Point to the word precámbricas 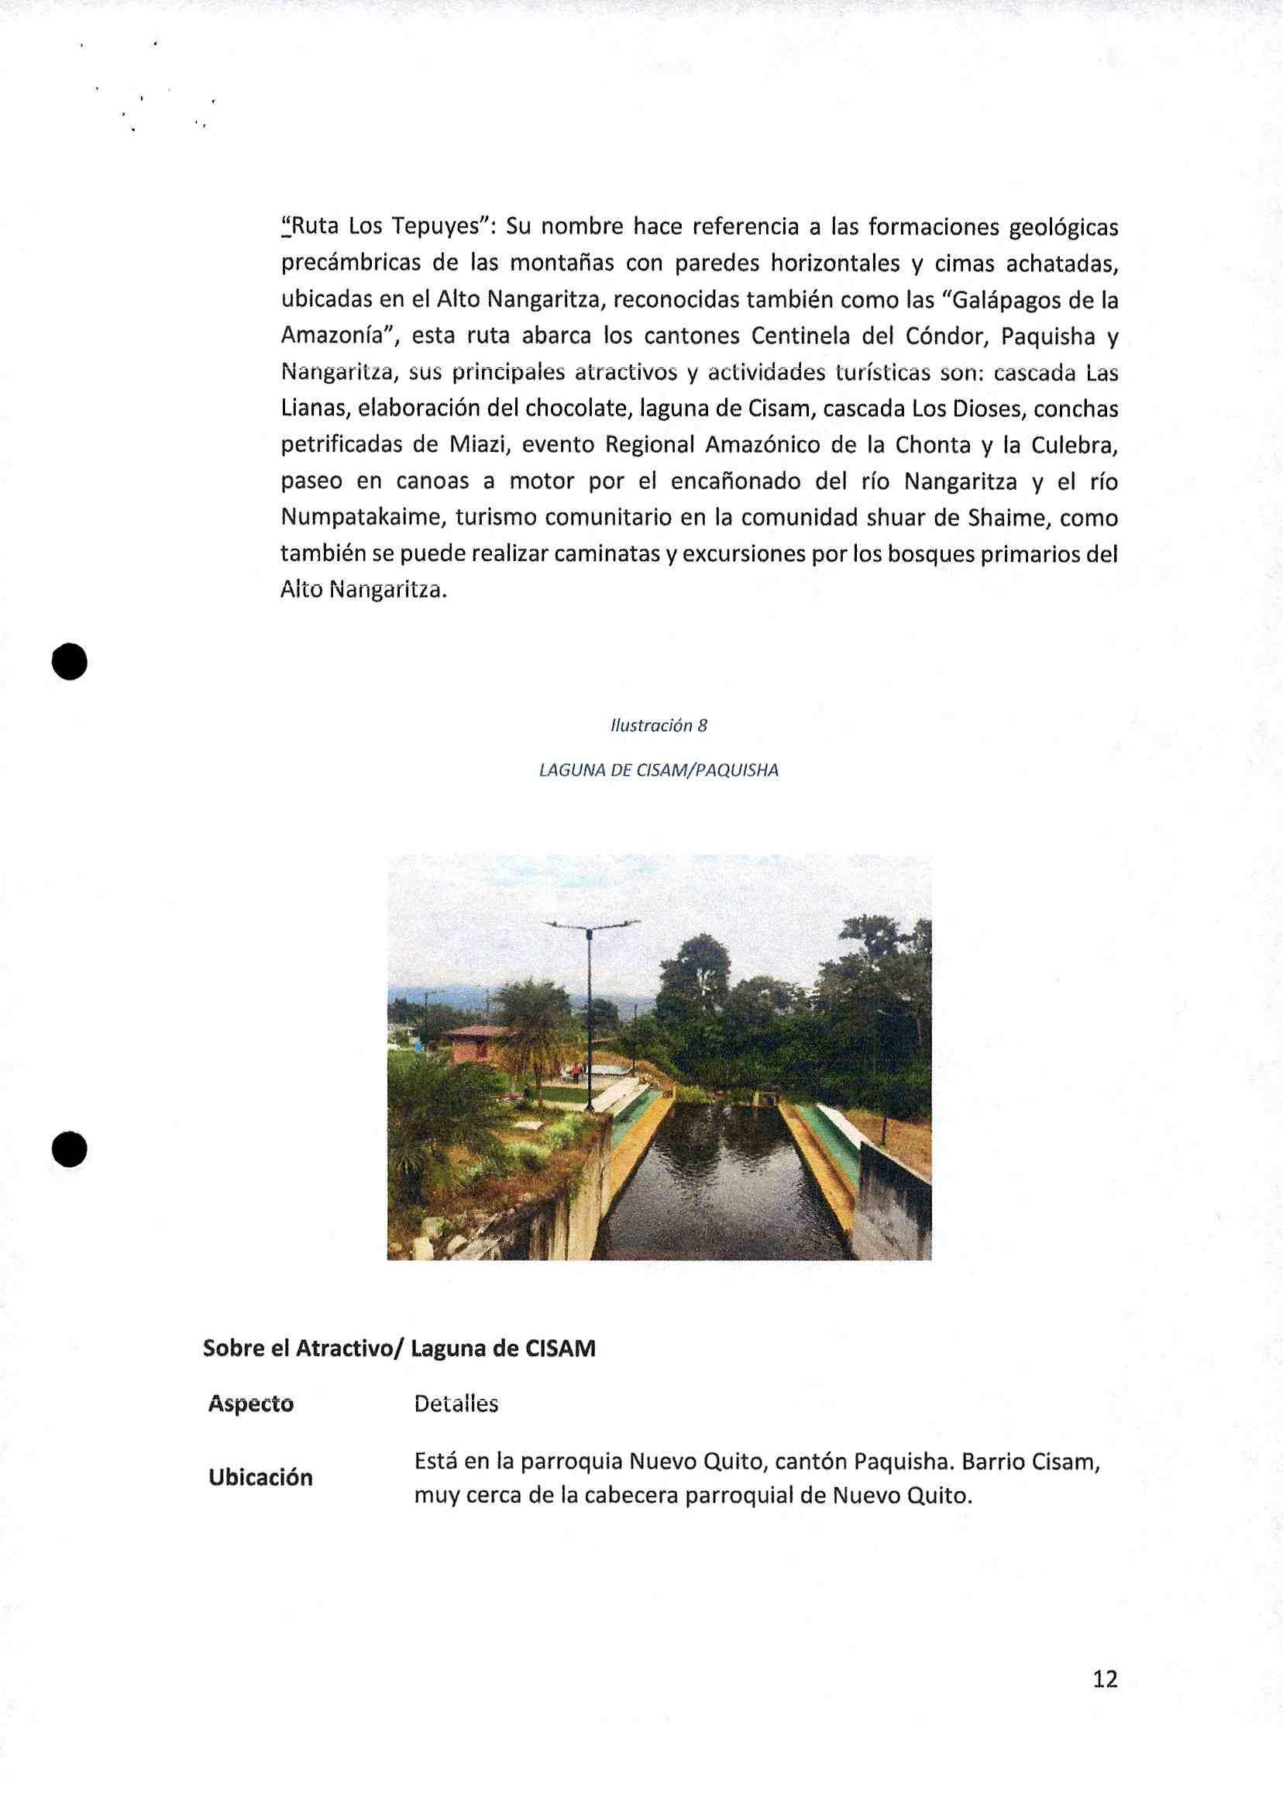[x=349, y=265]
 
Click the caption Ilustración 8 [x=658, y=726]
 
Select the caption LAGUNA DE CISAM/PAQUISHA [x=658, y=770]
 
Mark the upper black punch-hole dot [x=69, y=661]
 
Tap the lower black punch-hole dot [x=69, y=1149]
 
